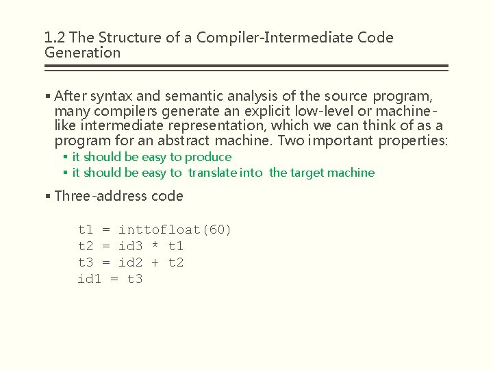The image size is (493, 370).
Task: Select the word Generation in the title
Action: point(82,53)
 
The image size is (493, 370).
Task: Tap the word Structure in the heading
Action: point(125,38)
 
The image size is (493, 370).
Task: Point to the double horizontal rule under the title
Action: point(246,68)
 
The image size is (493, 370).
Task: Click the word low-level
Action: point(288,111)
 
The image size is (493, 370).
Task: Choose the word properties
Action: point(412,141)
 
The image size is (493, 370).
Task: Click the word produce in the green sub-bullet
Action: point(209,157)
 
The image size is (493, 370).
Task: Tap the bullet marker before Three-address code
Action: point(47,196)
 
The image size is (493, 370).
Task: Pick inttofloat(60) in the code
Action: point(175,230)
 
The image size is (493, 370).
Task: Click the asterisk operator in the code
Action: point(155,246)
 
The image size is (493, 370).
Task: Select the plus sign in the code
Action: point(155,262)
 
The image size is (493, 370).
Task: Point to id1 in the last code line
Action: point(89,279)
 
